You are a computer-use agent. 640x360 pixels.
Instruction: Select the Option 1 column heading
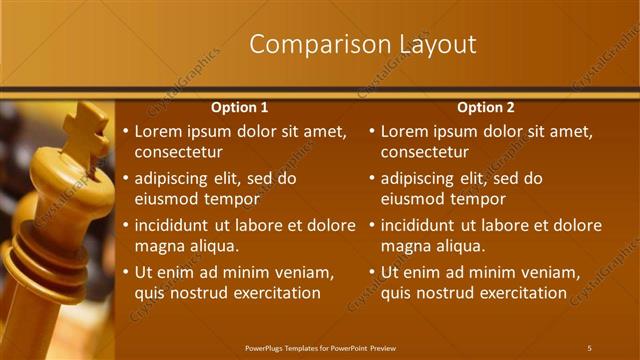(x=240, y=107)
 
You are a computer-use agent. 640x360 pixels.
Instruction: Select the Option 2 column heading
(x=486, y=107)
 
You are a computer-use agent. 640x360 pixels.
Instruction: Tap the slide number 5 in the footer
(x=589, y=348)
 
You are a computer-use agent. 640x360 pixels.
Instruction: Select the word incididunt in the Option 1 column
(x=176, y=225)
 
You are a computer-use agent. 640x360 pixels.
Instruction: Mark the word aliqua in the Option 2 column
(x=458, y=246)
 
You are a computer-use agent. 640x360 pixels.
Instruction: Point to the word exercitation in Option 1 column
(x=272, y=293)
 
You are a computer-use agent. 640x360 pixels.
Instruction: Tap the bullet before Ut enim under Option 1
(x=125, y=273)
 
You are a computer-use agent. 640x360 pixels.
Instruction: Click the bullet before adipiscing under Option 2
(x=372, y=179)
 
